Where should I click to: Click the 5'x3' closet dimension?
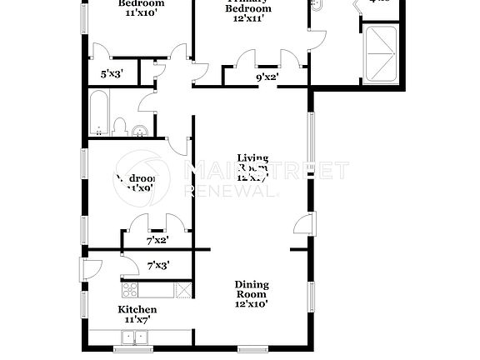point(112,74)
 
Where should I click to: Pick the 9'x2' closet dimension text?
point(267,77)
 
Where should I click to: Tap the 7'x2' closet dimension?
point(157,240)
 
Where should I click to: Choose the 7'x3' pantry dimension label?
point(158,266)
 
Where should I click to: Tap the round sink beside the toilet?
point(140,129)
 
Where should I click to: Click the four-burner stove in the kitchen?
point(131,290)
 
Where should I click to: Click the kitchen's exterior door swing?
point(91,269)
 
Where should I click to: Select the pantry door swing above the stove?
point(129,265)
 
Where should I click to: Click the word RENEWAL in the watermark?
point(229,191)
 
